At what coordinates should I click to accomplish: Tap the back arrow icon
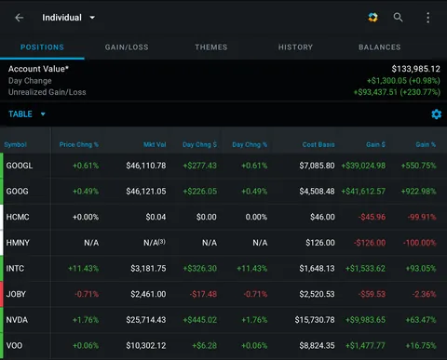(20, 17)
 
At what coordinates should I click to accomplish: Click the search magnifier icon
(399, 17)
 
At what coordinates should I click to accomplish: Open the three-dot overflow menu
(427, 17)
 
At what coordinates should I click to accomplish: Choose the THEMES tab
(211, 47)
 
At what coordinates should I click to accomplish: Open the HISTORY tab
(295, 47)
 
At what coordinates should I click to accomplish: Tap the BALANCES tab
(379, 47)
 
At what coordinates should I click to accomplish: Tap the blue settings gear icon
(436, 114)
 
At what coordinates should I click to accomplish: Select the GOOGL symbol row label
(20, 166)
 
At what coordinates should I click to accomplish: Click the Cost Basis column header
(317, 144)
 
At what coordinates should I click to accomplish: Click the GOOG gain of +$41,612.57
(363, 192)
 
